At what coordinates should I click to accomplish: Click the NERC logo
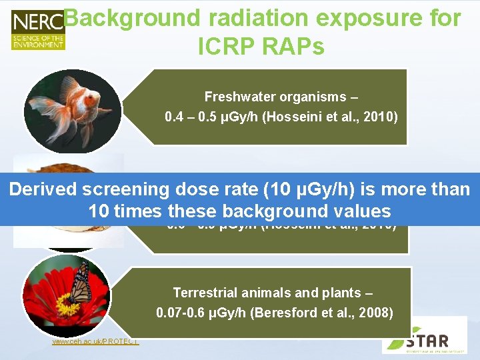(x=37, y=30)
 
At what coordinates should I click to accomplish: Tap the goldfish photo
(x=72, y=107)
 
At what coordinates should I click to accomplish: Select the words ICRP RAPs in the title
(x=261, y=46)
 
